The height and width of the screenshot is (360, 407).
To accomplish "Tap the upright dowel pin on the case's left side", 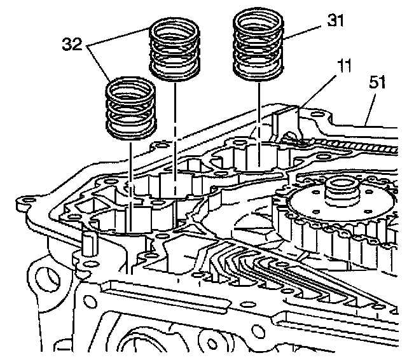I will [x=88, y=244].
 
